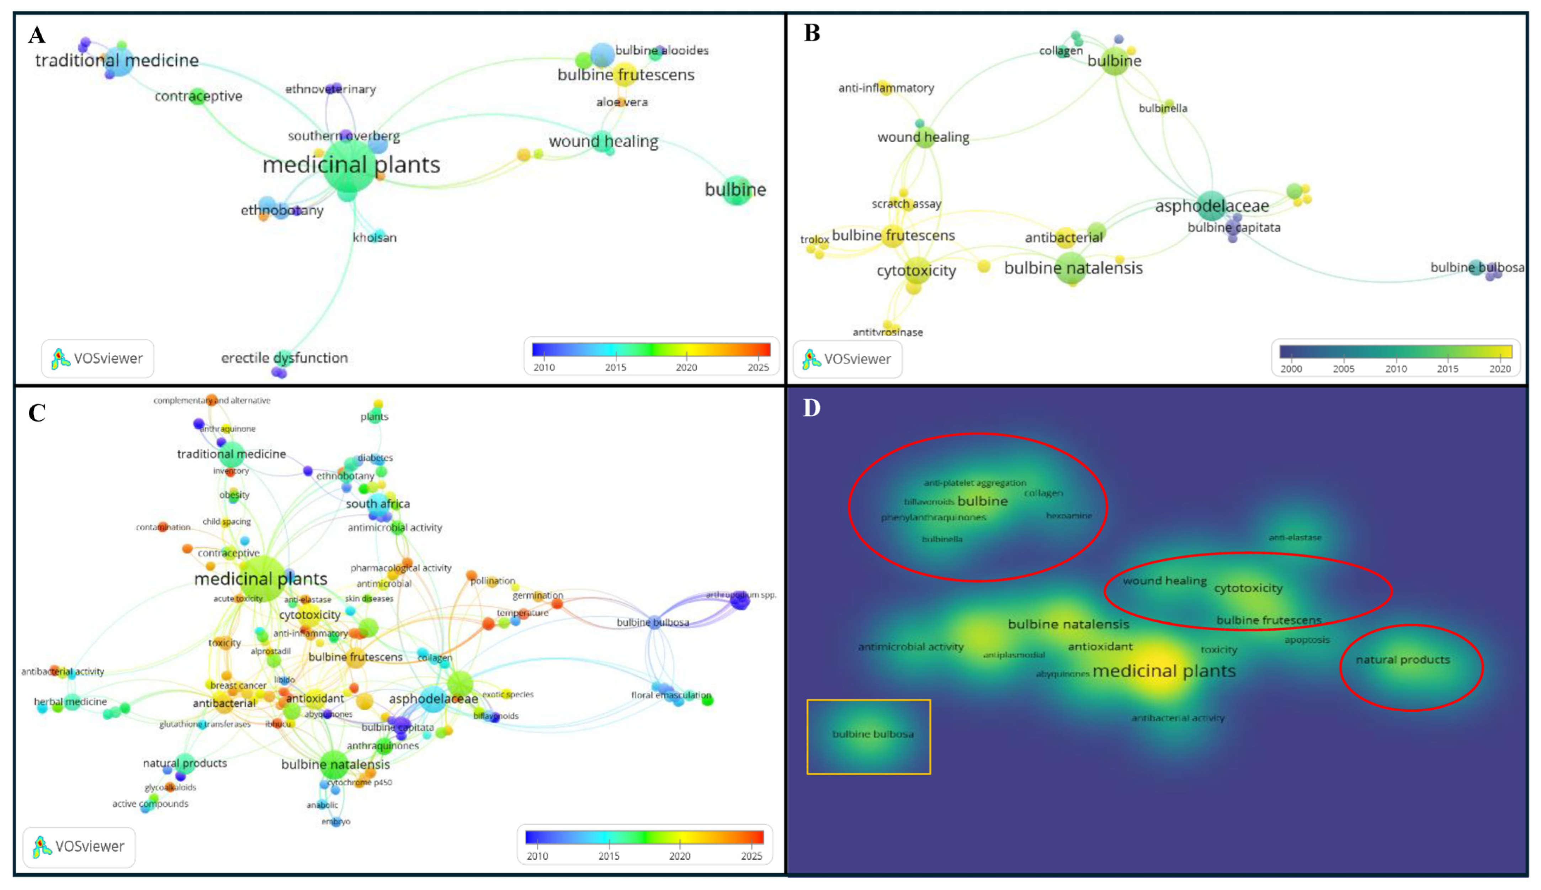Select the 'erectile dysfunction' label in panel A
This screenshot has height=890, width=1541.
(284, 357)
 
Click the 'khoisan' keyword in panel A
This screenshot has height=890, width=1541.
(374, 237)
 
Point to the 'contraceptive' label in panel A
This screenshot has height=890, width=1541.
(198, 96)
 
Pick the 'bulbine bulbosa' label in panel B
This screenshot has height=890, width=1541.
(1476, 267)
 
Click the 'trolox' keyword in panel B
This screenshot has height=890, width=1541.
(814, 239)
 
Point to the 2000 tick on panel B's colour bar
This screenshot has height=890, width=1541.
(1291, 369)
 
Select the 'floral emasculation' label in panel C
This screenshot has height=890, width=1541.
(670, 695)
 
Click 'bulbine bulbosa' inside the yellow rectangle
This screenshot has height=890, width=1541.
(872, 734)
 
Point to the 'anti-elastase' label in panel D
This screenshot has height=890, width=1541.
(1295, 537)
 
